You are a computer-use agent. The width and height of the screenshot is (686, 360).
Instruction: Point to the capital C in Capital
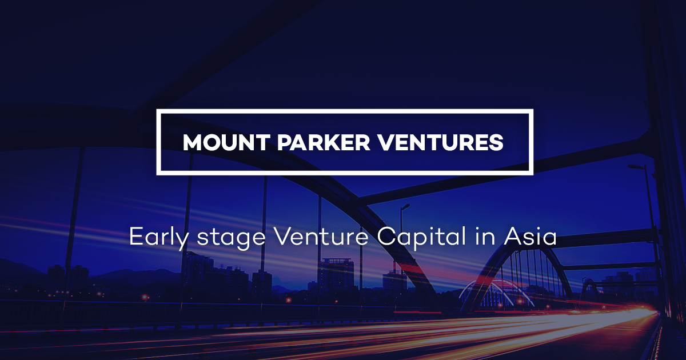point(385,237)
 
